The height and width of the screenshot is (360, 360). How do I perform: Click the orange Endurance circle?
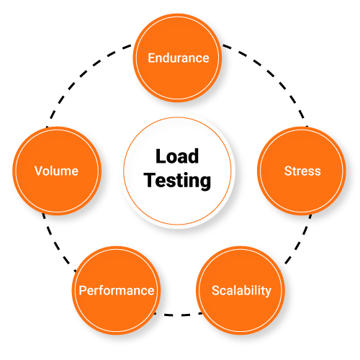178,58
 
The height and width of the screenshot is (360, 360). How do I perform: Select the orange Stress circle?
302,171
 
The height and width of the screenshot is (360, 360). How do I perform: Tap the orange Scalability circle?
241,291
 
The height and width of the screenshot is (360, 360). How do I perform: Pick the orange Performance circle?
116,291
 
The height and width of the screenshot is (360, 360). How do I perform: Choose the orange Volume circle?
56,171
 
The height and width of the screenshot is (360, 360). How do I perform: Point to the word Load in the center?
177,156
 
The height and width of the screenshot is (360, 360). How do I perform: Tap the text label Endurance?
178,58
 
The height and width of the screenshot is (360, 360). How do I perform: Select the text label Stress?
302,171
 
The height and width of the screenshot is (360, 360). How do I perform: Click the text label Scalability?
241,291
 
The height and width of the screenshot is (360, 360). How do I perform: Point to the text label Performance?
116,291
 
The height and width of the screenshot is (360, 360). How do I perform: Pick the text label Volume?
56,171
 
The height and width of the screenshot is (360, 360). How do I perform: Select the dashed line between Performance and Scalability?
179,315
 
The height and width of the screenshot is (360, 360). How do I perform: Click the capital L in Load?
160,156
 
